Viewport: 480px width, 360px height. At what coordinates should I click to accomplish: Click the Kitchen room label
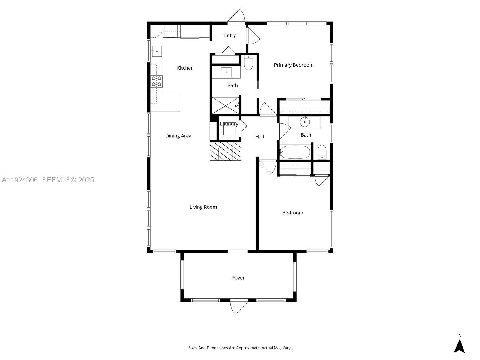(x=185, y=68)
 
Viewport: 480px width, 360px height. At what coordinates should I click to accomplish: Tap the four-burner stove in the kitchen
(x=157, y=81)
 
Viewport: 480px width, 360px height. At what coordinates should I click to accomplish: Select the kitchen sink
(x=157, y=51)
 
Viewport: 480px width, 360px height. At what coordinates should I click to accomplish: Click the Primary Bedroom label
(x=294, y=65)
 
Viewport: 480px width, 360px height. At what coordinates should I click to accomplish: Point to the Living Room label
(x=203, y=207)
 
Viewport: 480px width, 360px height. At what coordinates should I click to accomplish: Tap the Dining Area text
(x=178, y=136)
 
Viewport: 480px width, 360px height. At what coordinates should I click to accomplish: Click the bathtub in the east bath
(x=295, y=152)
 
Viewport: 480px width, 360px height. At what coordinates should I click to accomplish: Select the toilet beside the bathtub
(x=322, y=152)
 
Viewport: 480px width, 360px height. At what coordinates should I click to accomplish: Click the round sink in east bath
(x=304, y=122)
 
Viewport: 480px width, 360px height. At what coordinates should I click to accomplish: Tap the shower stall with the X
(x=226, y=105)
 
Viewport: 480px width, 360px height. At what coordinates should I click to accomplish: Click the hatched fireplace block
(x=225, y=151)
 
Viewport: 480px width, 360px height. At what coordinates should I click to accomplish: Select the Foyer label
(x=238, y=278)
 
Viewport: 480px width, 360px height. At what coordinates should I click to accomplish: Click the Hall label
(x=259, y=137)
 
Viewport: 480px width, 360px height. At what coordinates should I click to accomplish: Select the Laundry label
(x=229, y=124)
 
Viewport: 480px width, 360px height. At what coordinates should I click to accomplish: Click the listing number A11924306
(x=20, y=180)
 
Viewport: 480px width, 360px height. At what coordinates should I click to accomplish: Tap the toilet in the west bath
(x=248, y=63)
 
